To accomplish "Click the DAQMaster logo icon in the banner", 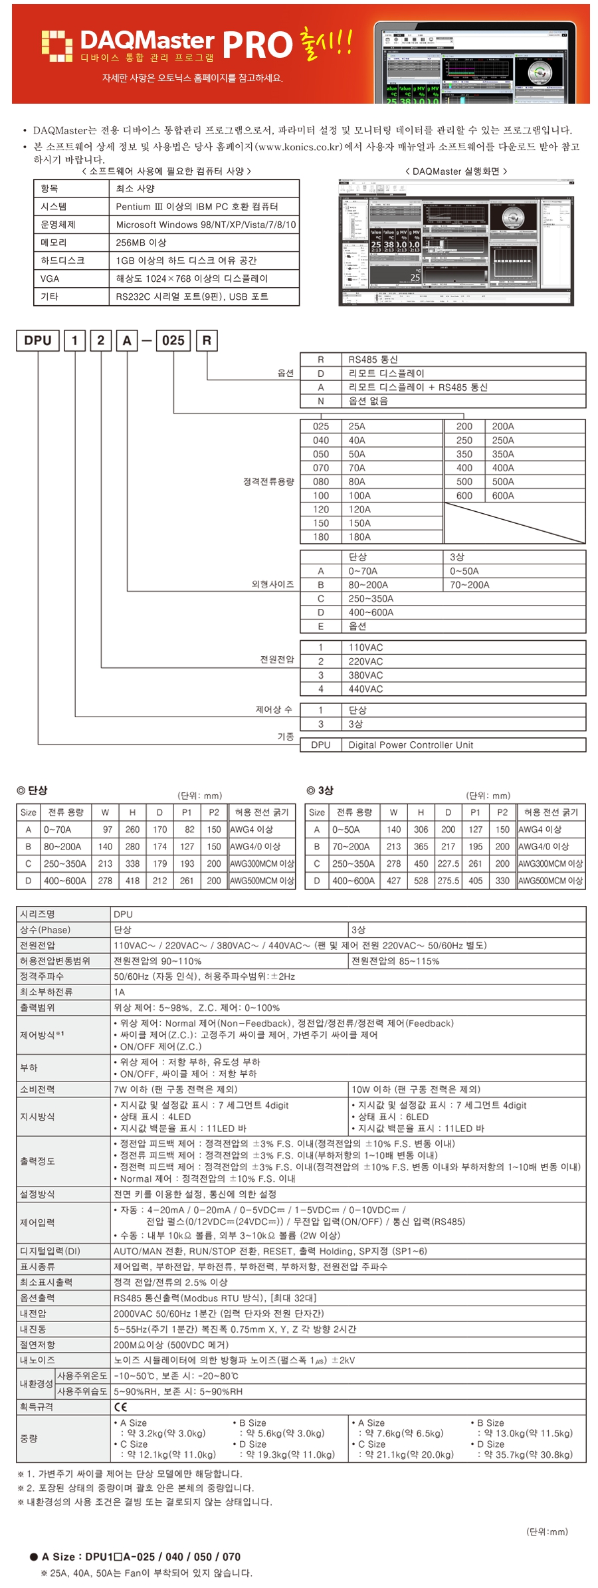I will (x=56, y=45).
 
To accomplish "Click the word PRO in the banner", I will (x=256, y=45).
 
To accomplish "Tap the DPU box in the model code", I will (x=38, y=340).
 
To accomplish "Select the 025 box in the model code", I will (x=173, y=340).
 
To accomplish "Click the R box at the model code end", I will (x=207, y=340).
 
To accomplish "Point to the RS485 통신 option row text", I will (x=373, y=360).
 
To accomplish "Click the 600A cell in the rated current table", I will (x=503, y=495).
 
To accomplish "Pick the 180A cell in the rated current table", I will (x=359, y=536).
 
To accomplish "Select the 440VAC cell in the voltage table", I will (x=365, y=689).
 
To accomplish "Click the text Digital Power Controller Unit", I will (x=411, y=744).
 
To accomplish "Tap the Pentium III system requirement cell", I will (x=197, y=207).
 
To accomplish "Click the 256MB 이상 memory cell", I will (x=141, y=243).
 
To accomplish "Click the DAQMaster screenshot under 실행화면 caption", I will (x=456, y=242).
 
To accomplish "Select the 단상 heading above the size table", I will (x=33, y=790).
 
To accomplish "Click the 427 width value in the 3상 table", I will (x=393, y=880).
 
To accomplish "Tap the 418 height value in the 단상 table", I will (x=132, y=880).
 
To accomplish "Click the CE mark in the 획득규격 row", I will (x=120, y=1407).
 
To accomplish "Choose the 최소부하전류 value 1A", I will (x=120, y=992).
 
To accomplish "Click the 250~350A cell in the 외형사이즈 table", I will (x=371, y=598).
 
